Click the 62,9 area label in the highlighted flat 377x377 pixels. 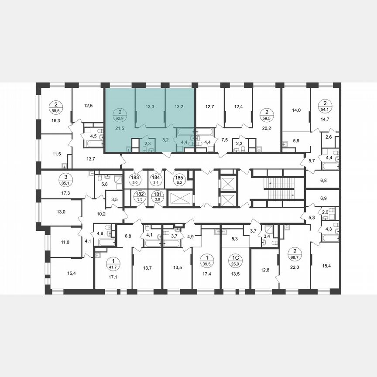coord(118,118)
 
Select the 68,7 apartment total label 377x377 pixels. coord(295,254)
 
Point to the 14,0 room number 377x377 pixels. coord(296,111)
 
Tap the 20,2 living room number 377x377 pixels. coord(266,128)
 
